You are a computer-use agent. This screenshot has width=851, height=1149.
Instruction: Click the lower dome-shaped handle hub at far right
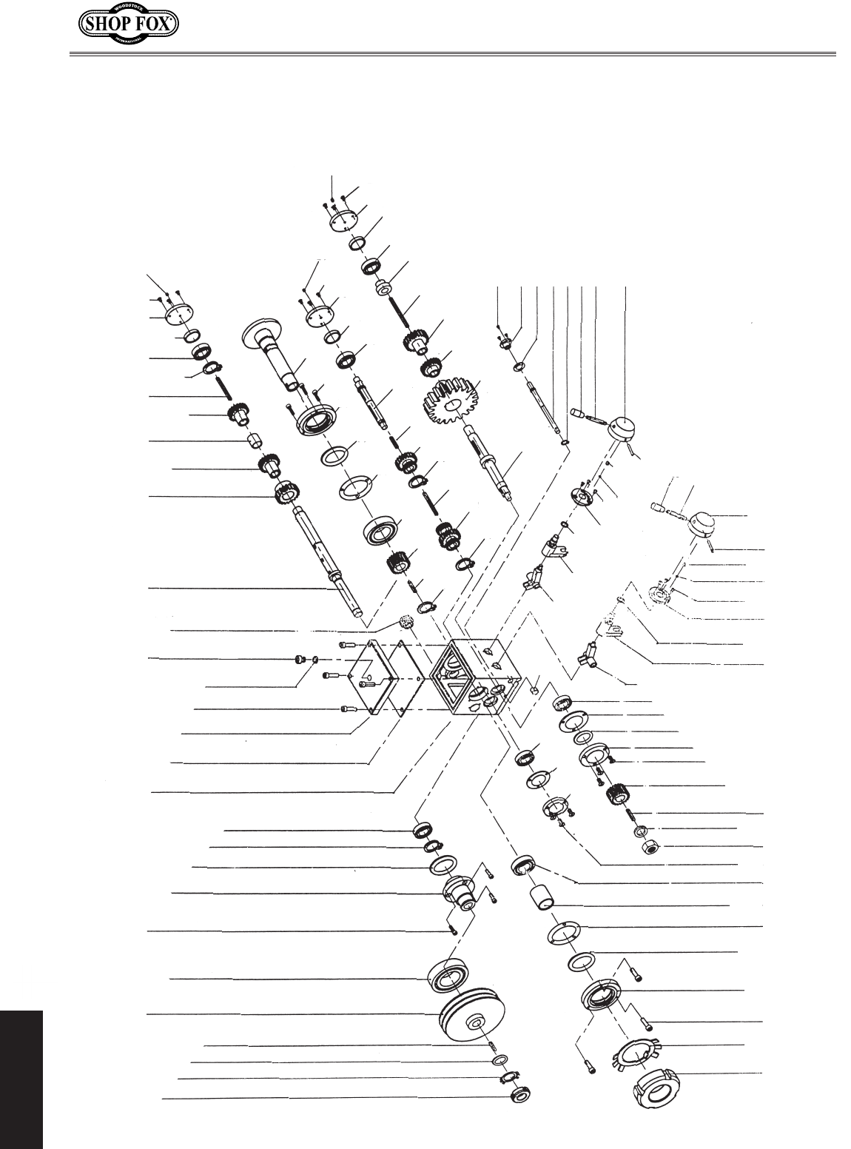[703, 528]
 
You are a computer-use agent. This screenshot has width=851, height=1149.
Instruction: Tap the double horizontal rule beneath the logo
[452, 53]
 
